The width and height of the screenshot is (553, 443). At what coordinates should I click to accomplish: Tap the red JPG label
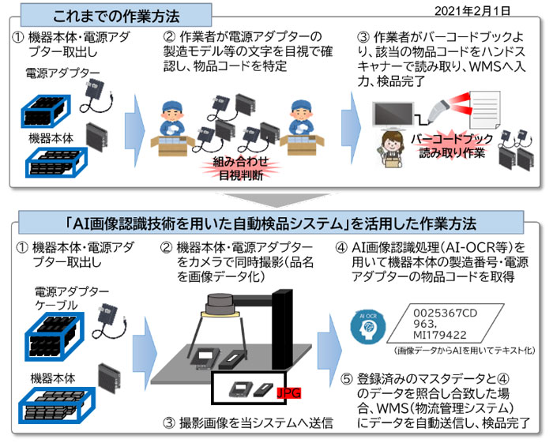click(290, 392)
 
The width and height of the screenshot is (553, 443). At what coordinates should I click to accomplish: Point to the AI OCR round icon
click(366, 324)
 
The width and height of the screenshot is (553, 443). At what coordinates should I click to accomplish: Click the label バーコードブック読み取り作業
click(453, 145)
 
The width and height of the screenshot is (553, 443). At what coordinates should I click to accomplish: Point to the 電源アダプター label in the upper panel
click(64, 73)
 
